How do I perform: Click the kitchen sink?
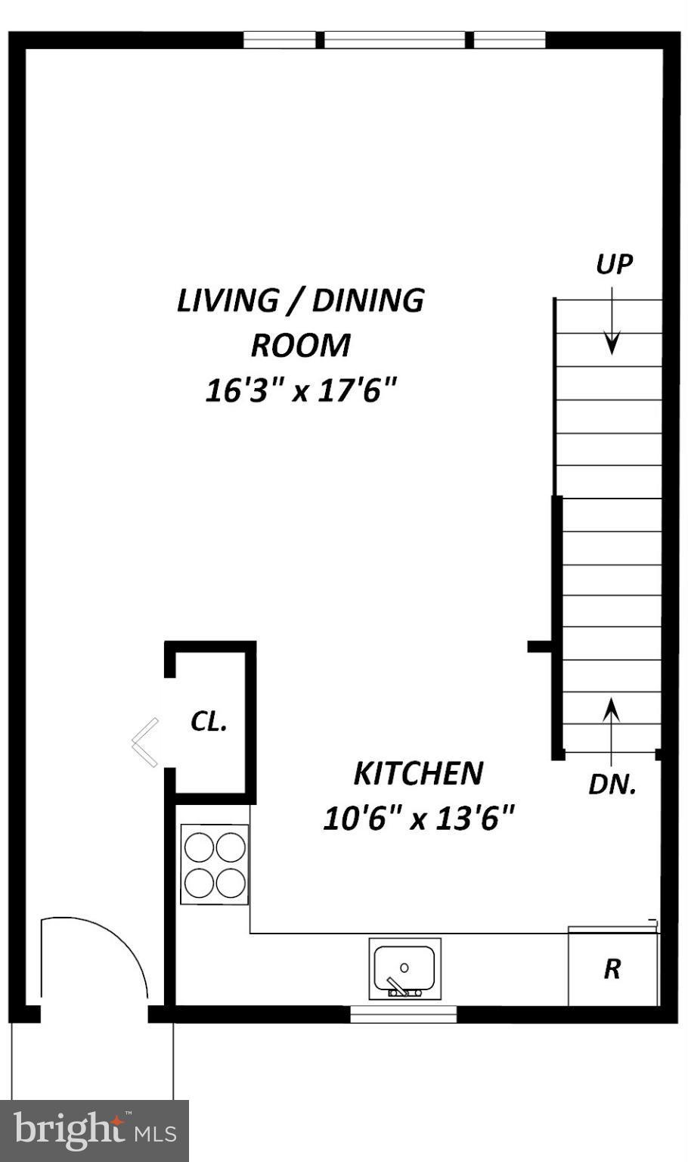[404, 968]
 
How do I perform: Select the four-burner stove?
[215, 864]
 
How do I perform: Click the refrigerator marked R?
[612, 969]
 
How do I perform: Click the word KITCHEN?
[418, 773]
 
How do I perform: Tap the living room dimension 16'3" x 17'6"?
[301, 391]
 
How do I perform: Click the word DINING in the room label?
[368, 300]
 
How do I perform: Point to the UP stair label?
[613, 264]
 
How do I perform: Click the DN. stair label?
[612, 785]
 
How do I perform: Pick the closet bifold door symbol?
[145, 742]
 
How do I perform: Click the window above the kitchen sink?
[404, 1014]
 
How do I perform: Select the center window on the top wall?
[395, 40]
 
